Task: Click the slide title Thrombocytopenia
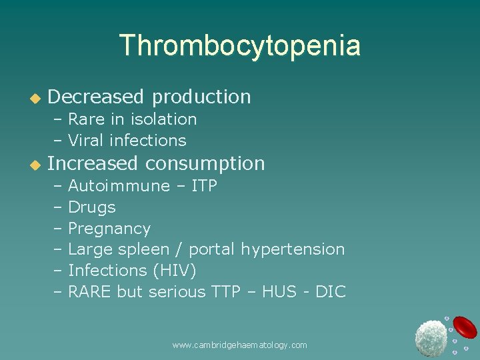240,45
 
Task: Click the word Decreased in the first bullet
96,97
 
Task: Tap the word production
201,97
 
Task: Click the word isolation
163,119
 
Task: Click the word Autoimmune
119,186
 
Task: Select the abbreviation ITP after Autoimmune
204,186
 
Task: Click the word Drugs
92,207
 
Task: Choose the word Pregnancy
109,229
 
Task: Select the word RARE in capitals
90,292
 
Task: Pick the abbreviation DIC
331,292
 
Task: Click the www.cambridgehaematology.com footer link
239,345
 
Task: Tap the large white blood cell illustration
431,337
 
